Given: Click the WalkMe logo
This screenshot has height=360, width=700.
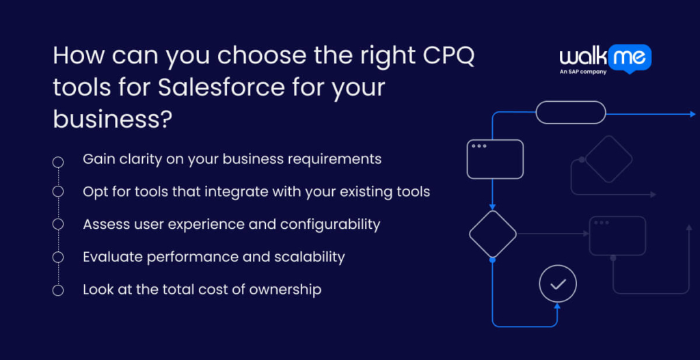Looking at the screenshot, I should point(605,58).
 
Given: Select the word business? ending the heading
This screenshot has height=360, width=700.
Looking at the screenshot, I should point(112,118).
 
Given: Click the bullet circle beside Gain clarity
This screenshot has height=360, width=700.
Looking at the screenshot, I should point(58,162).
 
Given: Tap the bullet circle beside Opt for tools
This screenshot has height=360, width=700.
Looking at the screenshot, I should point(58,191).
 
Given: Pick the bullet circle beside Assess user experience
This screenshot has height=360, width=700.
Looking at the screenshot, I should point(58,224).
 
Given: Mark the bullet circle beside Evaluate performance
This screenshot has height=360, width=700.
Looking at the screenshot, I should point(58,257).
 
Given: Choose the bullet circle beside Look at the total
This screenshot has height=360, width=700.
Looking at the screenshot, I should point(58,290).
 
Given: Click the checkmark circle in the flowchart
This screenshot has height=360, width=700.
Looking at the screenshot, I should point(558,283).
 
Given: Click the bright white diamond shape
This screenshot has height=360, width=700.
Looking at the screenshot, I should point(493,234).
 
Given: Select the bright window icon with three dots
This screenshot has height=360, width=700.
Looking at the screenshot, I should point(495,159).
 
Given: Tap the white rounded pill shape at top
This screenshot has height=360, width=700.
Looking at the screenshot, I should point(570,112).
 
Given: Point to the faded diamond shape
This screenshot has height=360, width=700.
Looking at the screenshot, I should point(608,159).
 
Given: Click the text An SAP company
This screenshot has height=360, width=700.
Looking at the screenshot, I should point(583,71).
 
